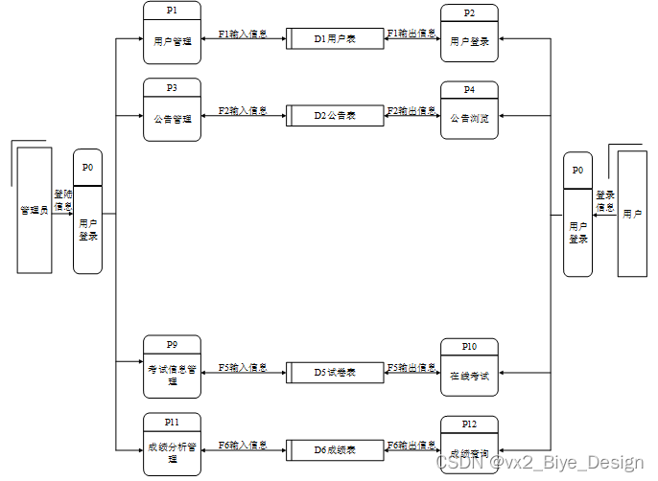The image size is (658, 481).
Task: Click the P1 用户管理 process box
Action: pyautogui.click(x=172, y=34)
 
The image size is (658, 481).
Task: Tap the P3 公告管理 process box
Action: pyautogui.click(x=172, y=110)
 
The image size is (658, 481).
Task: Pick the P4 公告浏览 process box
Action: pyautogui.click(x=469, y=111)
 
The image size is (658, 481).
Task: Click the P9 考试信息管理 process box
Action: pyautogui.click(x=172, y=368)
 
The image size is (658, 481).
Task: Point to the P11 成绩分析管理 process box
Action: pyautogui.click(x=172, y=445)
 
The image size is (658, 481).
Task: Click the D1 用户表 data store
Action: pyautogui.click(x=335, y=39)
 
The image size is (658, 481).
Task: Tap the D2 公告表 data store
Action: pyautogui.click(x=335, y=115)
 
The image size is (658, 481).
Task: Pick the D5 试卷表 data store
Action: pyautogui.click(x=335, y=372)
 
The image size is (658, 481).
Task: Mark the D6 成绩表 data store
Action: pyautogui.click(x=335, y=448)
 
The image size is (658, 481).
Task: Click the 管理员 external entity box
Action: pyautogui.click(x=35, y=210)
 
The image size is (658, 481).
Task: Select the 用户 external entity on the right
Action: pyautogui.click(x=632, y=213)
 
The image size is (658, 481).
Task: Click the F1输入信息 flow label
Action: pyautogui.click(x=243, y=34)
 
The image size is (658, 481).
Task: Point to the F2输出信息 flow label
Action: pyautogui.click(x=411, y=110)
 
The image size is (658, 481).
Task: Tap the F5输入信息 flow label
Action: pyautogui.click(x=243, y=367)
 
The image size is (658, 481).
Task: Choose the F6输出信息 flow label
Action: pyautogui.click(x=411, y=445)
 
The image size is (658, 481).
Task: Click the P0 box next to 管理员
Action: pyautogui.click(x=87, y=217)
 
